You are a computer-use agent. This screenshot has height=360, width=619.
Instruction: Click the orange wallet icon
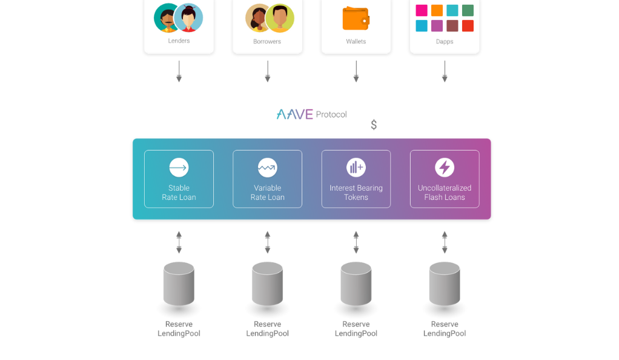tap(356, 18)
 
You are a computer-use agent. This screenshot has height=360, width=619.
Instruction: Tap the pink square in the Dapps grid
tap(422, 10)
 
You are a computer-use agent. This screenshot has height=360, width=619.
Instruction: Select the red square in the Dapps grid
tap(468, 25)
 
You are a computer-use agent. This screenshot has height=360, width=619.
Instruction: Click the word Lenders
tap(179, 41)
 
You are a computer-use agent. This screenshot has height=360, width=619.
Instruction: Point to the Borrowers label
tap(267, 41)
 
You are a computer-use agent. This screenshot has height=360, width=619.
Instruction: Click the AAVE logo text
tap(294, 114)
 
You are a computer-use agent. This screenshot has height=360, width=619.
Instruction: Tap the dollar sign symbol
tap(374, 125)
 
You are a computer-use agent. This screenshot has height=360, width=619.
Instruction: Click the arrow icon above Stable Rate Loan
tap(179, 167)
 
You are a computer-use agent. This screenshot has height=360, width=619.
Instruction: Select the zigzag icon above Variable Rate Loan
tap(267, 167)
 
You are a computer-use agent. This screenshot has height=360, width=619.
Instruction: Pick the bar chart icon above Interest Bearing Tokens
tap(356, 167)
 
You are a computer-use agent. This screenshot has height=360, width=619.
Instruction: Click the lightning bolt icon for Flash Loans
tap(445, 167)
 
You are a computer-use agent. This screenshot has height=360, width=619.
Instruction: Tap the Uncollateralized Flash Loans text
tap(445, 193)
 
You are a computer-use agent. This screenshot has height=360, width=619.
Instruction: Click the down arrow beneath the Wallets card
tap(356, 71)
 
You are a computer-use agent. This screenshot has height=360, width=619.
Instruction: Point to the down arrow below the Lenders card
tap(179, 71)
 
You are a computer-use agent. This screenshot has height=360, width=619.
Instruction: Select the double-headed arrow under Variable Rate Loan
tap(267, 242)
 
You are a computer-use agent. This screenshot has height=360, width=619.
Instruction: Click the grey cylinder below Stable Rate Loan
tap(179, 284)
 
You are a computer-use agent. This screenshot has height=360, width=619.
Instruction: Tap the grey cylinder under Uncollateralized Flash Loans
tap(445, 284)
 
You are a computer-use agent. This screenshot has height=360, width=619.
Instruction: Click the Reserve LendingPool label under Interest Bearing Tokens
tap(356, 328)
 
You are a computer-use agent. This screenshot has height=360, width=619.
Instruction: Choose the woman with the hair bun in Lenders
tap(188, 18)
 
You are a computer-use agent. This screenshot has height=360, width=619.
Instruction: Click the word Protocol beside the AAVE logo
tap(331, 115)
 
